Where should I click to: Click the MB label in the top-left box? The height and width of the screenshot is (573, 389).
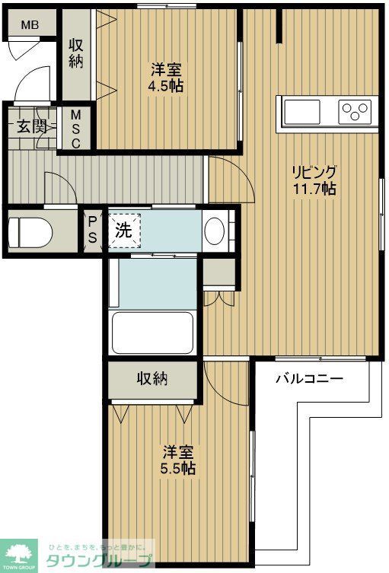(x=29, y=25)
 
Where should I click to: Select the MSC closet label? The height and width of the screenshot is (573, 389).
(x=76, y=129)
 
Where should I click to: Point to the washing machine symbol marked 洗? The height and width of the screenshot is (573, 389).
(x=123, y=231)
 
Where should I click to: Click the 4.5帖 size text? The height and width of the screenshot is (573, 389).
(x=165, y=85)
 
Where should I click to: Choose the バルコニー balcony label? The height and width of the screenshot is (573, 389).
(x=308, y=378)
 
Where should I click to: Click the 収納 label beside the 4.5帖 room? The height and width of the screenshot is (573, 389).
(x=76, y=53)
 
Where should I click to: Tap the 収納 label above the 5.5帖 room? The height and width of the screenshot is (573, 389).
(x=152, y=378)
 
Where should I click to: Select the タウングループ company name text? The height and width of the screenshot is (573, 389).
(x=99, y=562)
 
